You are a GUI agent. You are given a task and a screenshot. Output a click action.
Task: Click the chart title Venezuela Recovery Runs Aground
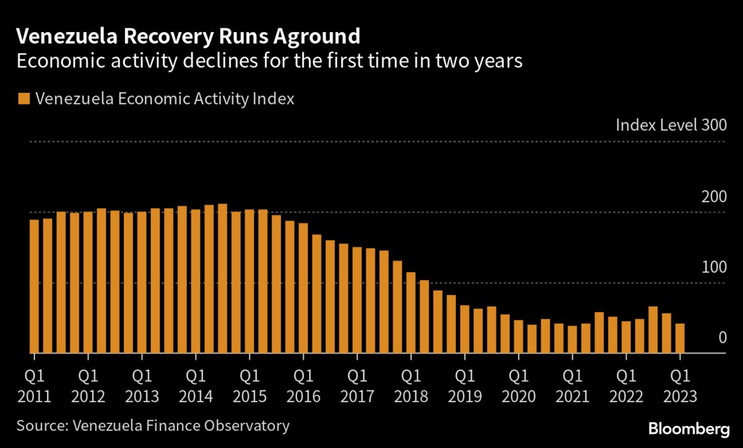coord(188,37)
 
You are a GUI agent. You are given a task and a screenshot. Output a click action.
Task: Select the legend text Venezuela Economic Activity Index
coord(165,99)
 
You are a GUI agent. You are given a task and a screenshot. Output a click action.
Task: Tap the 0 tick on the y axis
coord(721,338)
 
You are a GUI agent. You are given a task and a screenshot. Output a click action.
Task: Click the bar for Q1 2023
coord(680,338)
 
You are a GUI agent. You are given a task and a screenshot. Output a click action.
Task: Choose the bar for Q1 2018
coord(411,312)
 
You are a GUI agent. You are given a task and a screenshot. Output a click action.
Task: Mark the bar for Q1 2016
coord(303,288)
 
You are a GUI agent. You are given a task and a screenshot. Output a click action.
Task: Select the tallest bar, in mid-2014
coord(222,278)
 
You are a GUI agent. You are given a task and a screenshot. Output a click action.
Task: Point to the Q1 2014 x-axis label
coord(196,385)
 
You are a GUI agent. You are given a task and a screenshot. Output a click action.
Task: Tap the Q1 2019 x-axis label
coord(464,385)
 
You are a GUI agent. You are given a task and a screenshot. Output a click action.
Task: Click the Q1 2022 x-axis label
coord(626,385)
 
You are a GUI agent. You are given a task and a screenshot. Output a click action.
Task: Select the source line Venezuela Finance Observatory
coord(153,426)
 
